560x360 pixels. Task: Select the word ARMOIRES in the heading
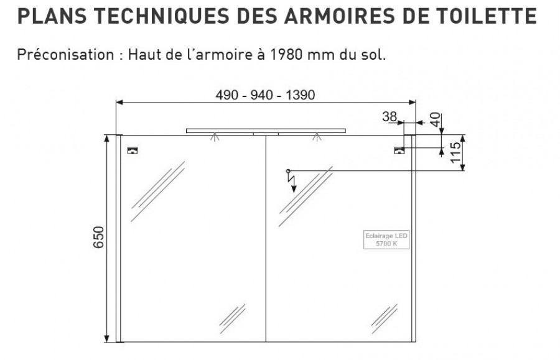click(x=340, y=16)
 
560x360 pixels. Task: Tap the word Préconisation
click(x=66, y=55)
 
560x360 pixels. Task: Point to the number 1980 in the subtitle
click(x=284, y=55)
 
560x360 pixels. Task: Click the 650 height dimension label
click(x=98, y=238)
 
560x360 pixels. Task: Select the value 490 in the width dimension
click(x=227, y=95)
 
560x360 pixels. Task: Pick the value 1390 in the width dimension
click(x=300, y=95)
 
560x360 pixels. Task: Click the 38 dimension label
click(x=390, y=116)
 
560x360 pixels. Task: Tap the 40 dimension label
click(x=436, y=119)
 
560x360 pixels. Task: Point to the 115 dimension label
click(x=455, y=152)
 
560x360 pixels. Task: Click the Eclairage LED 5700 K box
click(x=386, y=240)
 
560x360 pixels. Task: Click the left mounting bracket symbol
click(x=133, y=150)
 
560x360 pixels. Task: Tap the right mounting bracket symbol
click(x=399, y=150)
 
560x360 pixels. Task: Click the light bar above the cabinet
click(x=266, y=131)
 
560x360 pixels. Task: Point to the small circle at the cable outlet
click(x=288, y=171)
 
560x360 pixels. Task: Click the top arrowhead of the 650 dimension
click(x=107, y=139)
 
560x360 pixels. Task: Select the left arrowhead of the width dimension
click(x=119, y=103)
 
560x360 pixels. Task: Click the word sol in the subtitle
click(x=375, y=55)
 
